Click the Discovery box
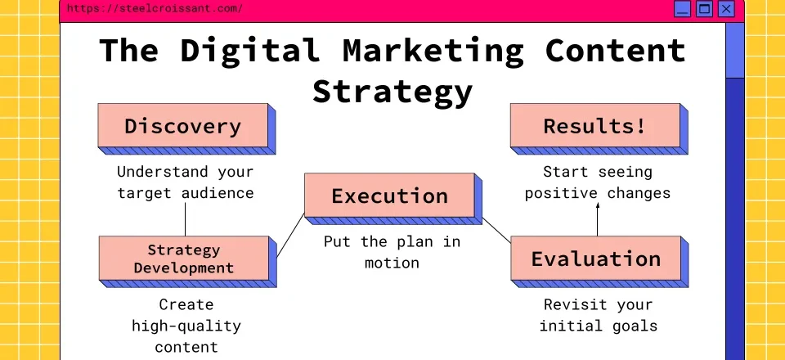pos(183,126)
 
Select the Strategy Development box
pos(183,259)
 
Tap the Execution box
pos(389,196)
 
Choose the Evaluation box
pos(595,259)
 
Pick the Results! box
pos(594,126)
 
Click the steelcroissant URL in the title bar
pos(154,9)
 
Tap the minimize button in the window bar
pos(682,9)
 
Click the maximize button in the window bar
pos(704,9)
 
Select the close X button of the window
pos(726,9)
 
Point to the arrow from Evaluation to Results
pos(597,219)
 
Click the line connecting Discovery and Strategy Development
pos(185,219)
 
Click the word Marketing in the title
pos(433,51)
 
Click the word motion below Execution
pos(392,263)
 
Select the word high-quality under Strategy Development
pos(186,326)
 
